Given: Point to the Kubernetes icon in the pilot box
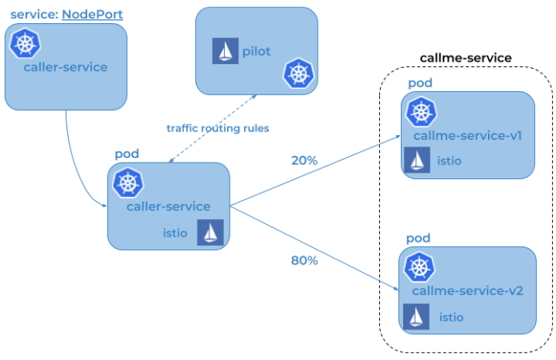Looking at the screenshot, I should [298, 74].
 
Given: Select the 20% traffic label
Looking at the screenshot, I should [304, 160].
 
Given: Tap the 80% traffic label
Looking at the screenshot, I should [304, 261].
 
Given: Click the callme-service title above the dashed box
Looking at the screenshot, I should [466, 59].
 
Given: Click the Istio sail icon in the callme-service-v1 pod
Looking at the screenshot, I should [418, 161].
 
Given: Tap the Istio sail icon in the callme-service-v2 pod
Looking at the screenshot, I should [417, 317].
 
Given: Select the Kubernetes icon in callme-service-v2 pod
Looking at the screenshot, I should [420, 267].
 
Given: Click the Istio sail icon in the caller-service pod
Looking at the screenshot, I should [210, 233].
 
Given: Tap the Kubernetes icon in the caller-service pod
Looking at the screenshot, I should [127, 183].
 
